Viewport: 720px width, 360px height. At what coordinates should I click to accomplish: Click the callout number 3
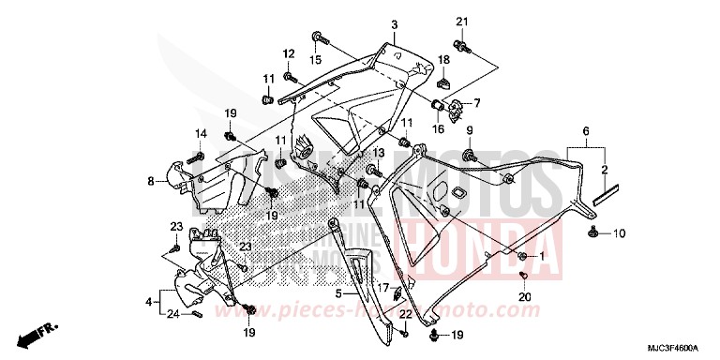coord(395,24)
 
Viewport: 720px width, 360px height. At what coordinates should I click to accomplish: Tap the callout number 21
coord(461,22)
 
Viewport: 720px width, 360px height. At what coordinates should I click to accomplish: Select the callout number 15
coord(316,60)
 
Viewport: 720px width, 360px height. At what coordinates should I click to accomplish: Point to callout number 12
coord(290,52)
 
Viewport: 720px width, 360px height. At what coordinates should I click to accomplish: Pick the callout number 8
coord(150,181)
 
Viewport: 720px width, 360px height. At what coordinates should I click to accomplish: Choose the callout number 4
coord(149,302)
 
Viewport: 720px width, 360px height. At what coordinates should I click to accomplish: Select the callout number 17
coord(383,288)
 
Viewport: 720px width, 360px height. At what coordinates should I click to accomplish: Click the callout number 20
coord(525,297)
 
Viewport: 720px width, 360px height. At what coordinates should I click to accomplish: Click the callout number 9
coord(470,130)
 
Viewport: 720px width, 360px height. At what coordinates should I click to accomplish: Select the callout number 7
coord(477,102)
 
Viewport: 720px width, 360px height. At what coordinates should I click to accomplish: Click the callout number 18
coord(444,60)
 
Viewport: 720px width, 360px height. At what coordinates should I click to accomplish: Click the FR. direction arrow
coord(36,333)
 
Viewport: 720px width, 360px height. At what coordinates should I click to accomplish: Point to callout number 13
coord(380,153)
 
